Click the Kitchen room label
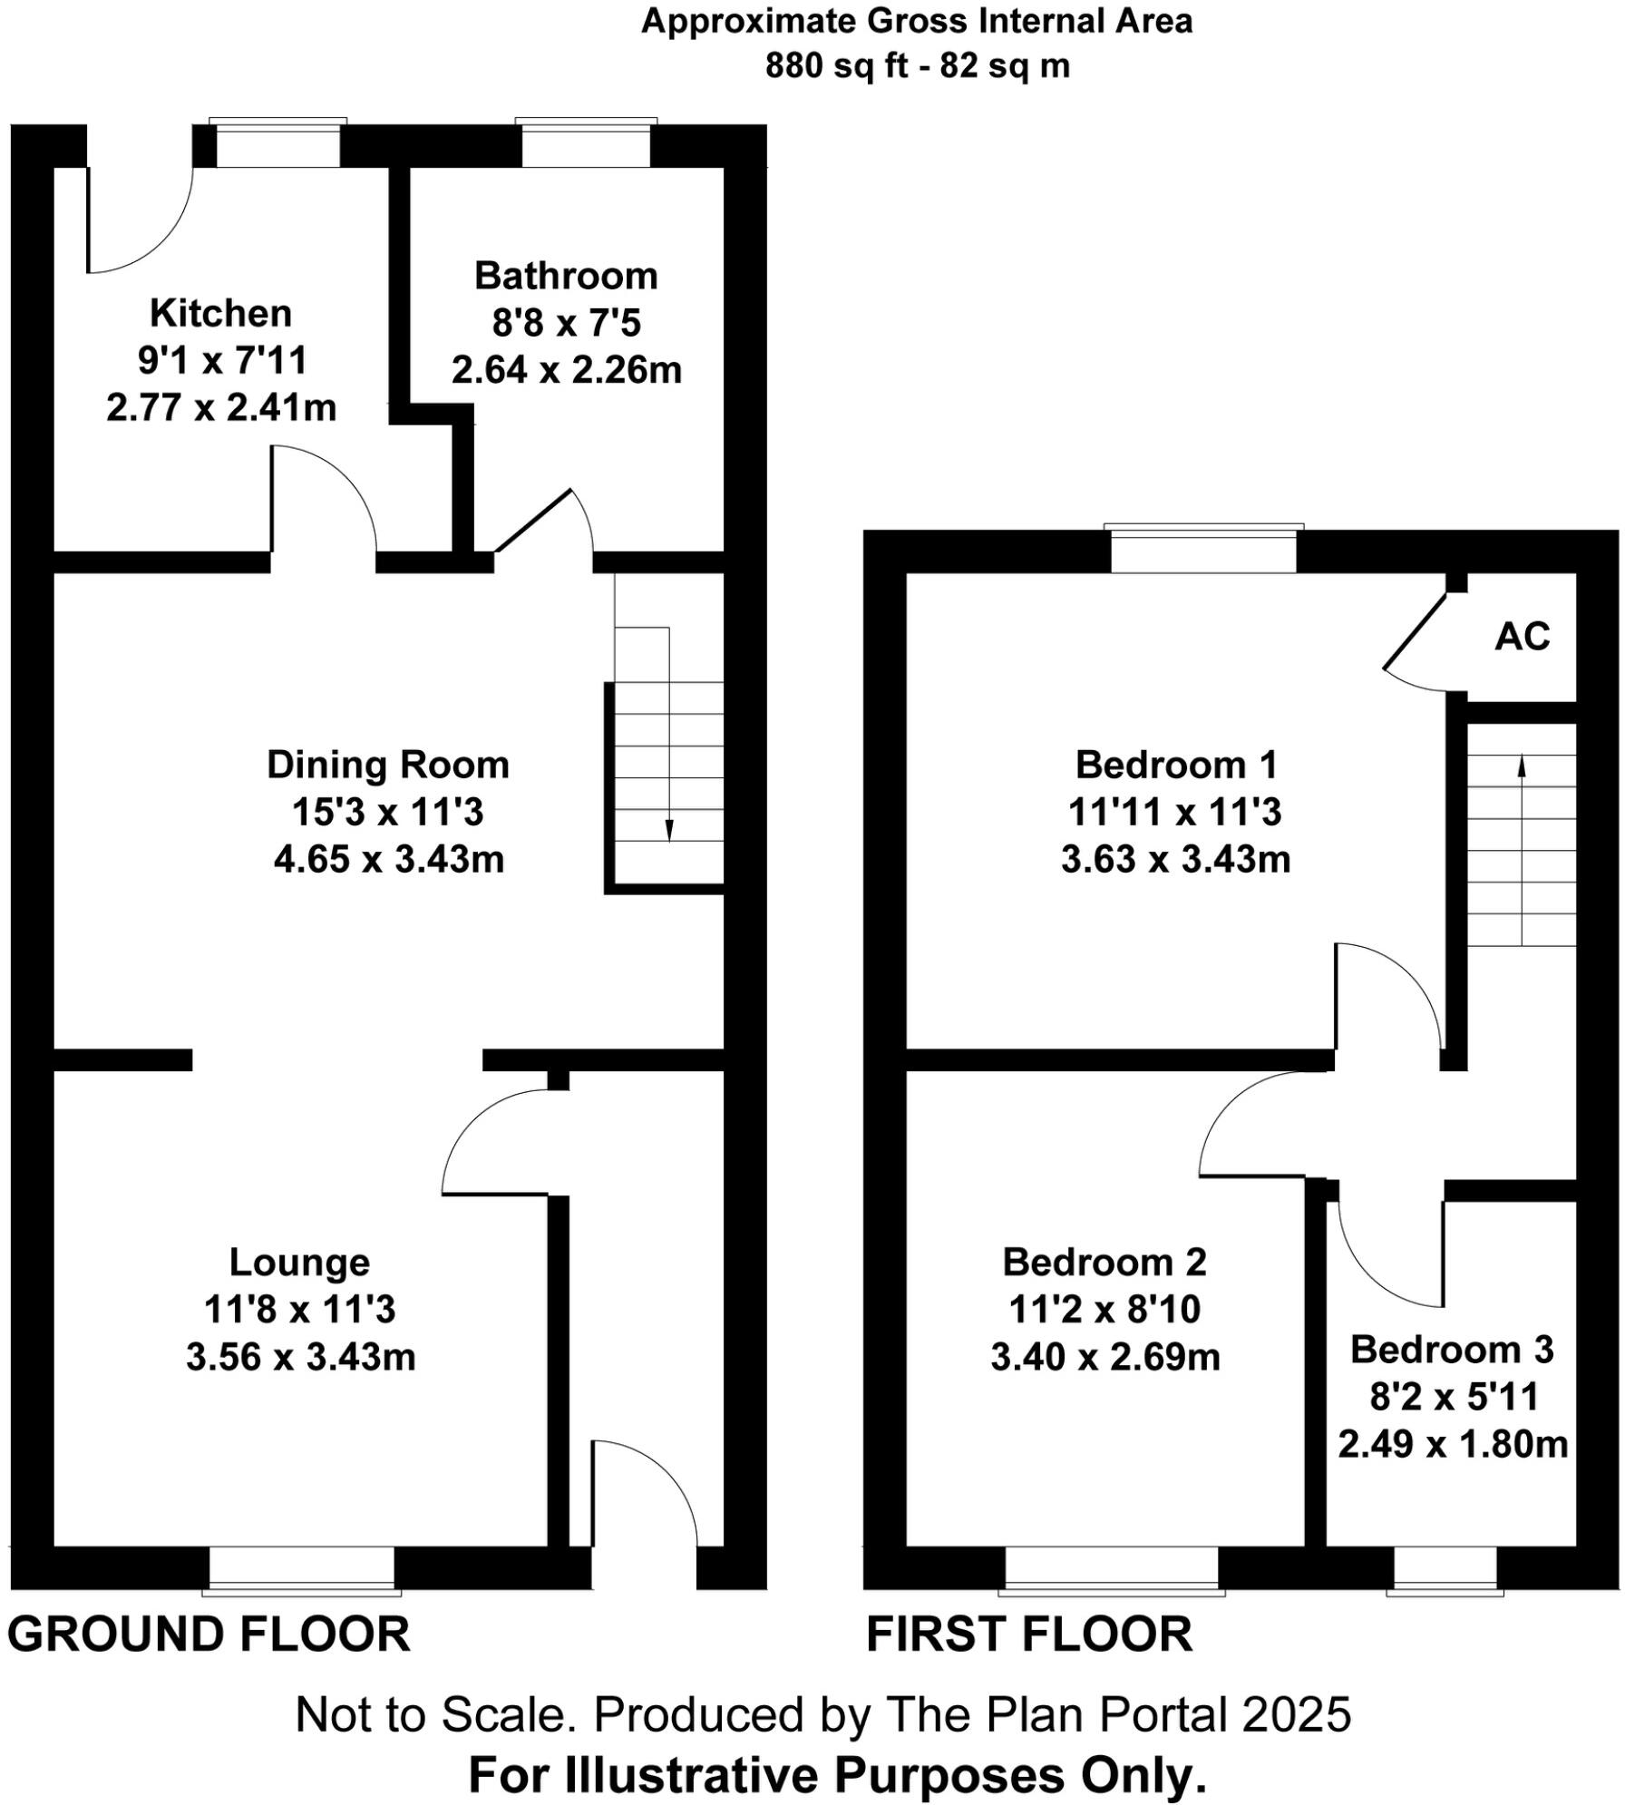tap(220, 314)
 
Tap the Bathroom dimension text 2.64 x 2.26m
tap(566, 370)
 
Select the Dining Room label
tap(387, 766)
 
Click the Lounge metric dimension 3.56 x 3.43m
tap(300, 1358)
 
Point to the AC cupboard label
tap(1522, 637)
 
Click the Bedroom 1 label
tap(1175, 766)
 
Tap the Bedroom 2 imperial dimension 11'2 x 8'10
tap(1104, 1310)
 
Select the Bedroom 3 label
tap(1452, 1350)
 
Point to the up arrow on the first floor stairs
tap(1522, 766)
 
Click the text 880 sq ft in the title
tap(836, 66)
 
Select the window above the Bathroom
tap(586, 145)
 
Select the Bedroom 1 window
tap(1203, 551)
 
